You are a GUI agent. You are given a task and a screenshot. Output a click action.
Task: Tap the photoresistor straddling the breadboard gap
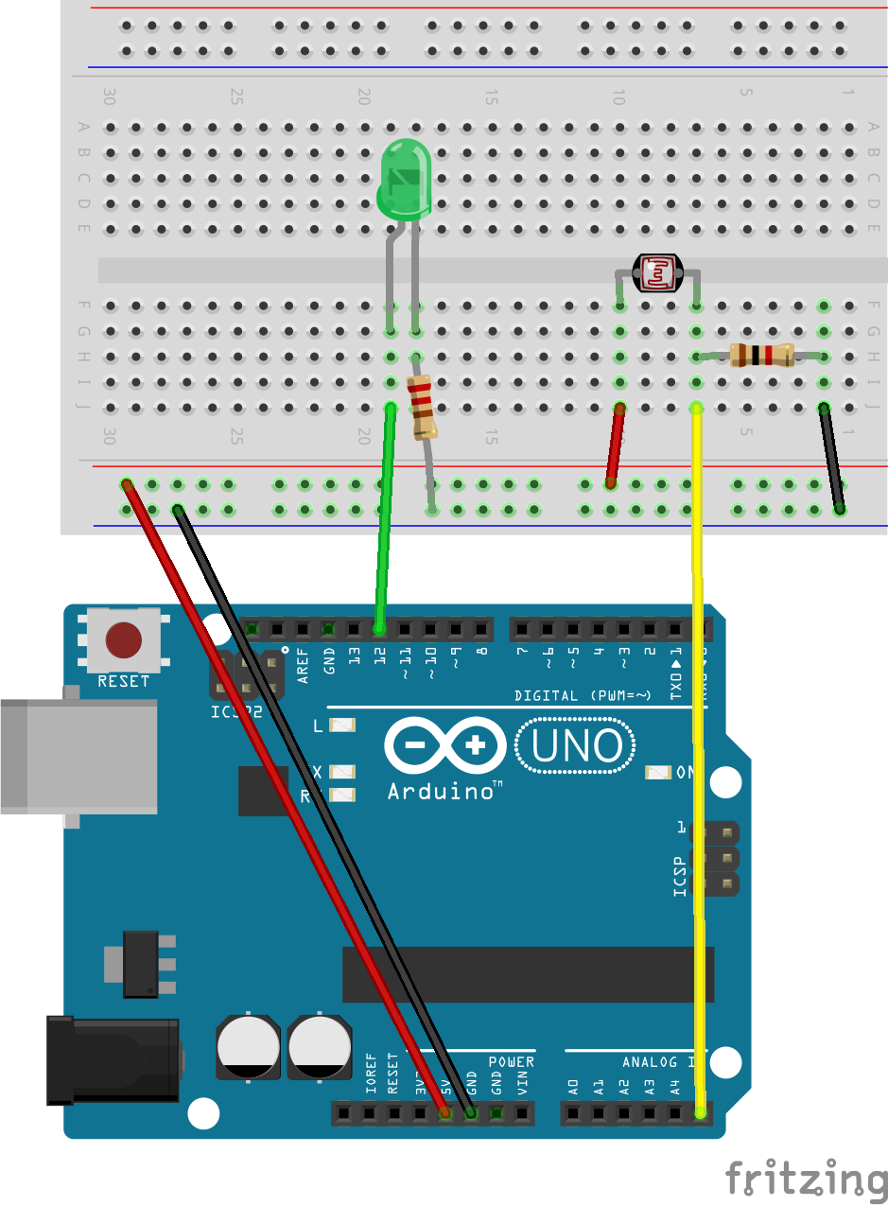[656, 273]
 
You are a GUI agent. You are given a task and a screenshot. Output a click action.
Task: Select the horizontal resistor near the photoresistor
[761, 356]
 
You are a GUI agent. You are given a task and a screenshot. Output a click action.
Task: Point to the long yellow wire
[699, 757]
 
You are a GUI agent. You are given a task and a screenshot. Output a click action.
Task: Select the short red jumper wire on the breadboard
[616, 445]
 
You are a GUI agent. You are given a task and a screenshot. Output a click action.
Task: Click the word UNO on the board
[576, 746]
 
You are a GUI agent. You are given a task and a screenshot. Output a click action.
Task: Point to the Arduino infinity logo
[444, 746]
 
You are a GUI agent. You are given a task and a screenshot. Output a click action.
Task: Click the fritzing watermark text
[806, 1180]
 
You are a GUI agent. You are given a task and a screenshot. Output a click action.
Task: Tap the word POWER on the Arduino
[511, 1062]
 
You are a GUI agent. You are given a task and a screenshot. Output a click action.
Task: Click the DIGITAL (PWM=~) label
[583, 696]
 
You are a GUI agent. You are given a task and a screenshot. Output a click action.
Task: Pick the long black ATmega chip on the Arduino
[530, 974]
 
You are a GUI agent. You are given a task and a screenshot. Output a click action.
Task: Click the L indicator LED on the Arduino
[341, 725]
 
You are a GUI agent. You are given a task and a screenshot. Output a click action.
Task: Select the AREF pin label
[304, 659]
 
